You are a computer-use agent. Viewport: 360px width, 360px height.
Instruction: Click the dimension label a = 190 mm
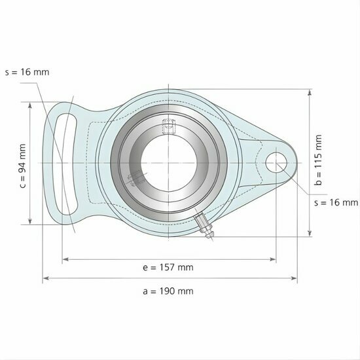click(x=169, y=291)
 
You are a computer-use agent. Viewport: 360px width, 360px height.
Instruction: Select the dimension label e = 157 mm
click(x=168, y=267)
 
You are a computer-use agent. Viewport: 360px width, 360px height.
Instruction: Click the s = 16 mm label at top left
click(x=27, y=72)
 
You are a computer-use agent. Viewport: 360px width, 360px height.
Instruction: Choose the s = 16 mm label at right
click(x=336, y=203)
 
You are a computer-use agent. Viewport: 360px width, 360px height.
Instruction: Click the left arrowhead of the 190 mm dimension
click(x=45, y=279)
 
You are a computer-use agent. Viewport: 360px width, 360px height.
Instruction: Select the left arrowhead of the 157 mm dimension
click(x=64, y=260)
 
